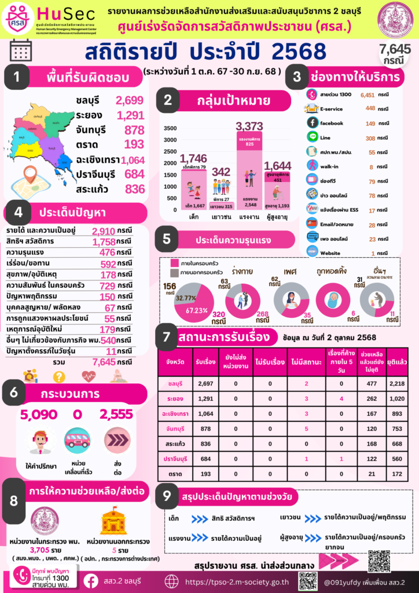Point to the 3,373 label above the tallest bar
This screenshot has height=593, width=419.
[249, 126]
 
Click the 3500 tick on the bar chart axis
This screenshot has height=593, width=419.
[170, 129]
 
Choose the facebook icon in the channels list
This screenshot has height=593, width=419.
[313, 123]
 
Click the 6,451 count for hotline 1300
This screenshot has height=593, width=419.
[367, 94]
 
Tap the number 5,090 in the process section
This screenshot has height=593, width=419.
[39, 415]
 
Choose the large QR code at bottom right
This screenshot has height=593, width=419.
[379, 561]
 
